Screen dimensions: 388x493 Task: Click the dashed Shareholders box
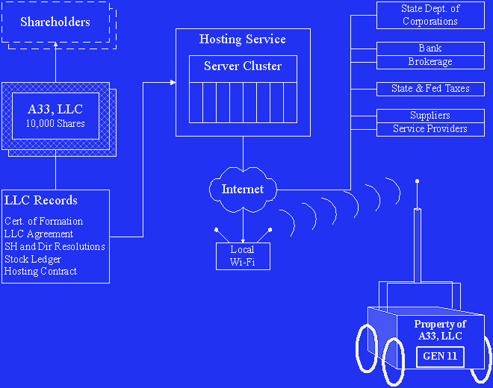55,22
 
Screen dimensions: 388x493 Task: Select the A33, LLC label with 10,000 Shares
55,116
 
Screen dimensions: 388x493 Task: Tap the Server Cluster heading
243,66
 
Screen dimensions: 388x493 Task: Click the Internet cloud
243,190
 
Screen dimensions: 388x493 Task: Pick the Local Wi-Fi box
242,256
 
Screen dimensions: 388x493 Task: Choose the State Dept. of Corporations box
430,15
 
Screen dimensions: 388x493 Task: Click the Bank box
430,48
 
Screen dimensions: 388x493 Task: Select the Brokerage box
430,62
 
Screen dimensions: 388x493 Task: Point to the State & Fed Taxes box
430,89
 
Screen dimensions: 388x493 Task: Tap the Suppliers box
430,116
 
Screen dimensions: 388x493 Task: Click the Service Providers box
430,129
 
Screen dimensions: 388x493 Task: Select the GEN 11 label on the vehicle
440,357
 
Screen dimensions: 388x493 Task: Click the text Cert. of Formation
43,222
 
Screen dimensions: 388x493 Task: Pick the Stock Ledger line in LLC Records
33,259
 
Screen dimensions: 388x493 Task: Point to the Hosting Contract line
40,272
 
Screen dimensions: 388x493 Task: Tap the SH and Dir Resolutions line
55,246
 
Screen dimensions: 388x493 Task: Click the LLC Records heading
41,201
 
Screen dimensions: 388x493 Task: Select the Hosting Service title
242,39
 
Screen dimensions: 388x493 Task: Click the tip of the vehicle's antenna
417,181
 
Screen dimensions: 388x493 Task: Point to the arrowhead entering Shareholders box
55,53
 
